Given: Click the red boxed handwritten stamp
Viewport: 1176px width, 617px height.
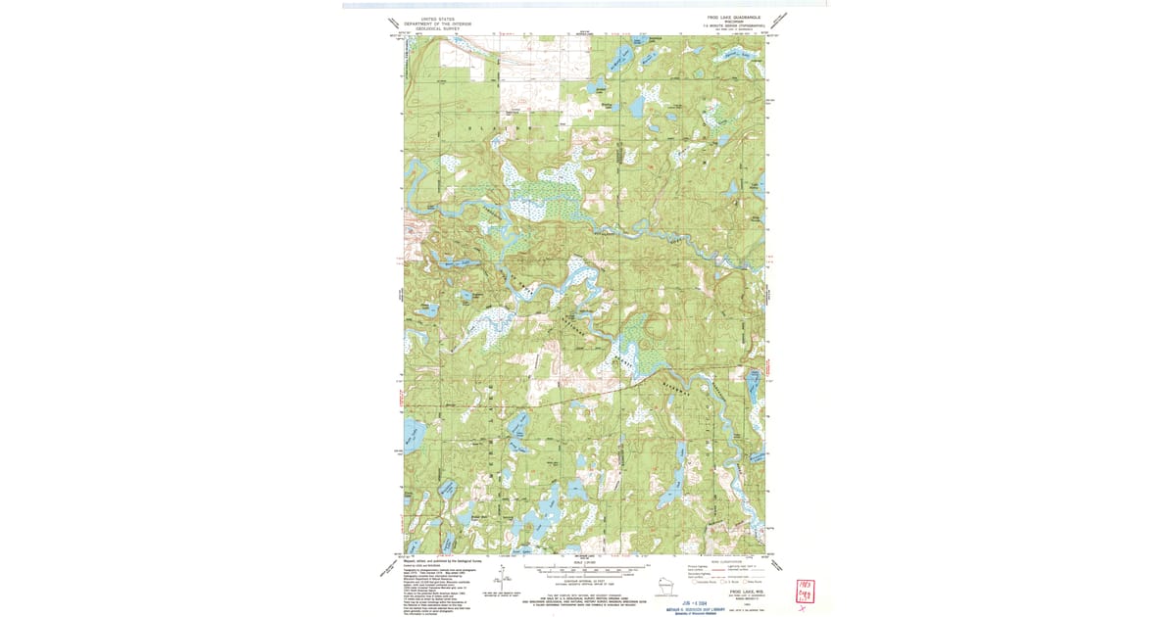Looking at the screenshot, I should (806, 591).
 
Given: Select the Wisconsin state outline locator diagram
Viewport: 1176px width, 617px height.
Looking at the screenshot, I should (668, 589).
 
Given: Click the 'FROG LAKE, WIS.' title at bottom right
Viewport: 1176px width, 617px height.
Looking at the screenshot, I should (743, 592).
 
